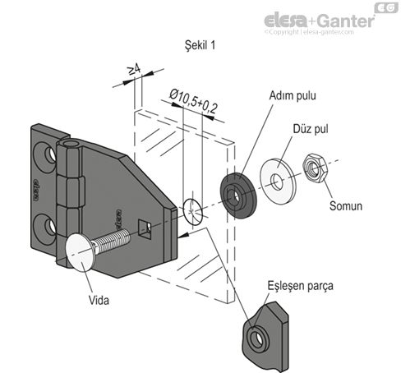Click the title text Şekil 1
coord(200,45)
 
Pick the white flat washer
coord(278,177)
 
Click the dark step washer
coord(239,191)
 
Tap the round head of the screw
coord(78,252)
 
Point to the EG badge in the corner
coord(385,7)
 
